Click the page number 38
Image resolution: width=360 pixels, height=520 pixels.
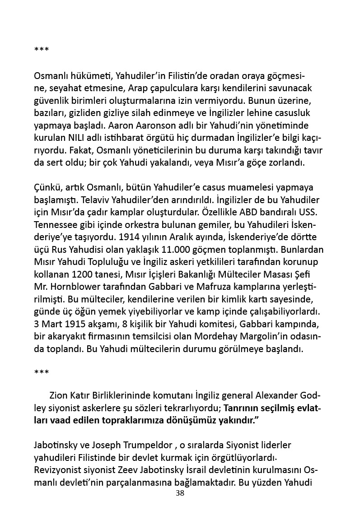180,493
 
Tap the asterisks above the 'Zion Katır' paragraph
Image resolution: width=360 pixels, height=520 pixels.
42,373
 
